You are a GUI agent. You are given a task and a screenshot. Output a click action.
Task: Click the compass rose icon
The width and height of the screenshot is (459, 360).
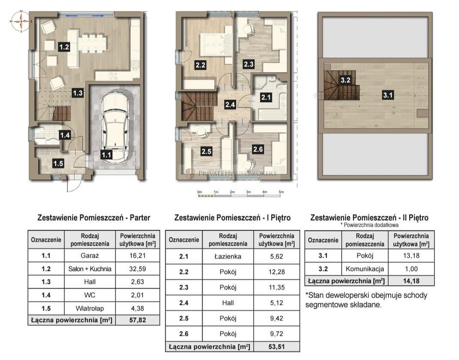pyautogui.click(x=21, y=21)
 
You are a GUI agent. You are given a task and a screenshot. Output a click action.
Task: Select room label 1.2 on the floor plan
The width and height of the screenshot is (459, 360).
pyautogui.click(x=64, y=47)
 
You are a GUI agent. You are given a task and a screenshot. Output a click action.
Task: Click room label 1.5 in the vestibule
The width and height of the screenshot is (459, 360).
pyautogui.click(x=58, y=163)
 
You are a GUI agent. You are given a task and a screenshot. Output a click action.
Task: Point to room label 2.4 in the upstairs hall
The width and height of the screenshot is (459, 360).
pyautogui.click(x=230, y=104)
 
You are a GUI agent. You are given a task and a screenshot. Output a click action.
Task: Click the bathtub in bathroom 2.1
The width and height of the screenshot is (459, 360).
pyautogui.click(x=269, y=114)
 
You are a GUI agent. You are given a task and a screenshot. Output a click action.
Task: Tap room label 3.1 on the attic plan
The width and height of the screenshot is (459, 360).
pyautogui.click(x=388, y=96)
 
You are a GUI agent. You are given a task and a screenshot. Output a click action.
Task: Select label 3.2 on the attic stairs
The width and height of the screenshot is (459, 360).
pyautogui.click(x=346, y=79)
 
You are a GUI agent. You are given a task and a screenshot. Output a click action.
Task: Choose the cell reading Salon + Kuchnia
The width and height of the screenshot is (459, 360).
pyautogui.click(x=90, y=269)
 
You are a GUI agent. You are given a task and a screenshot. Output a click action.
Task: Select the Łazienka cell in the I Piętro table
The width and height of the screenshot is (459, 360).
pyautogui.click(x=228, y=257)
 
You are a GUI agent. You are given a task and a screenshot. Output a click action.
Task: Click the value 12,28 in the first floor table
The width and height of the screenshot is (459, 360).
pyautogui.click(x=277, y=272)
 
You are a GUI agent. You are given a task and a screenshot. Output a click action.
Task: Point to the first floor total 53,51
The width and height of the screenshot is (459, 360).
pyautogui.click(x=277, y=346)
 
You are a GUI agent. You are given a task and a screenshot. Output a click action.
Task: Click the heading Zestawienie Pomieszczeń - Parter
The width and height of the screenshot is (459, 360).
pyautogui.click(x=94, y=218)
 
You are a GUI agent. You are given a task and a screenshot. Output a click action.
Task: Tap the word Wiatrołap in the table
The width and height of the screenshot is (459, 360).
pyautogui.click(x=90, y=308)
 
